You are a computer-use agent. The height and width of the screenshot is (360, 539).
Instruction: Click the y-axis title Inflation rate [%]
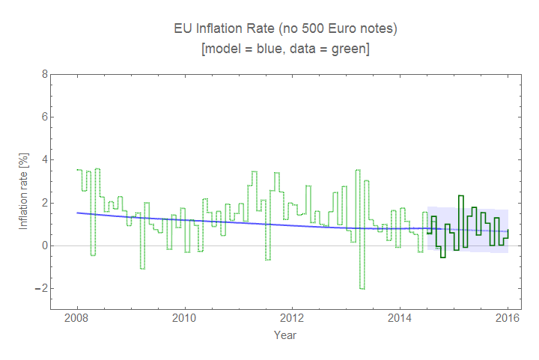pyautogui.click(x=24, y=192)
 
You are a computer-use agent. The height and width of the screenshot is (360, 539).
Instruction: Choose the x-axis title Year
pyautogui.click(x=284, y=335)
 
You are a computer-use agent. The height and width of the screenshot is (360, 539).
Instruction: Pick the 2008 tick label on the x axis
pyautogui.click(x=77, y=318)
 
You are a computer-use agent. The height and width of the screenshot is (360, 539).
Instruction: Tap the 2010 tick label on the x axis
pyautogui.click(x=184, y=318)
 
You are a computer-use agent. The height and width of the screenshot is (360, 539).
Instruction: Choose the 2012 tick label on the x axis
pyautogui.click(x=292, y=318)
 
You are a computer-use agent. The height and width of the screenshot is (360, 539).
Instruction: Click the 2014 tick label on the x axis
pyautogui.click(x=400, y=318)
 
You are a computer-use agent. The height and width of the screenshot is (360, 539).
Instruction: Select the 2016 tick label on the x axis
pyautogui.click(x=508, y=318)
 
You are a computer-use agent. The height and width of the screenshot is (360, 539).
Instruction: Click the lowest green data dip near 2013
pyautogui.click(x=362, y=288)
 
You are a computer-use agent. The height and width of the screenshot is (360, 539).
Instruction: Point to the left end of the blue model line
pyautogui.click(x=78, y=213)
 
